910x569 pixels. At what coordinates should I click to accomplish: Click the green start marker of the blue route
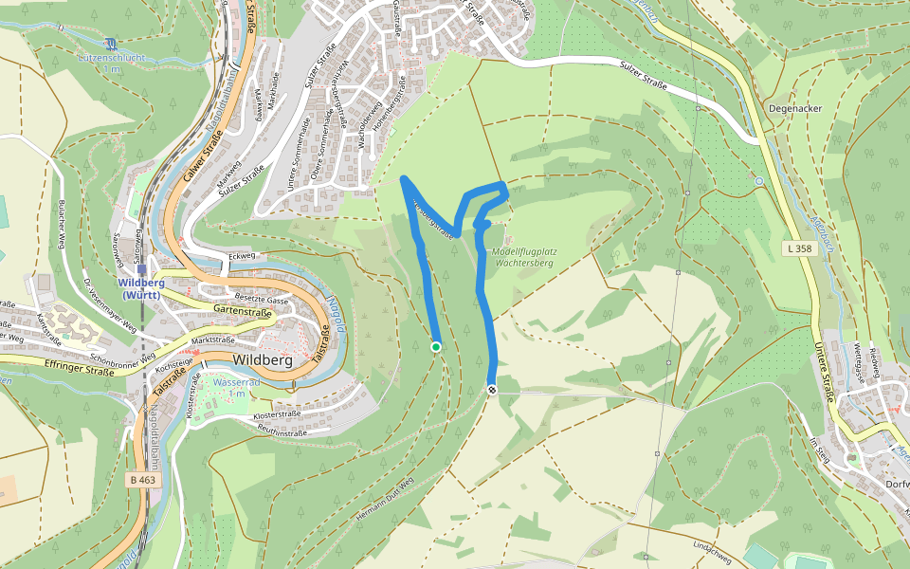(436, 347)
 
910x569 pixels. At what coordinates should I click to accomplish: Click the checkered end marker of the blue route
(492, 390)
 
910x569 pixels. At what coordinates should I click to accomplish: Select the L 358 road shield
(799, 248)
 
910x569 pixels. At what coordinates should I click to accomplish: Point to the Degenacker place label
(795, 108)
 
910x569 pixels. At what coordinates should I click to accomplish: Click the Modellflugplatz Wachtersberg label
(524, 256)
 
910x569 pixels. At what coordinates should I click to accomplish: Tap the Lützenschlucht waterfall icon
(112, 43)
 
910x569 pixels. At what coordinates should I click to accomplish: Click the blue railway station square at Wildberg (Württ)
(141, 268)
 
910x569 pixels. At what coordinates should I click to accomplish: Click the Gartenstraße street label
(244, 310)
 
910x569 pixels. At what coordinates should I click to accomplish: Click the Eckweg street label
(242, 255)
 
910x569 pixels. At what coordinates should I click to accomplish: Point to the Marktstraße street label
(213, 339)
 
